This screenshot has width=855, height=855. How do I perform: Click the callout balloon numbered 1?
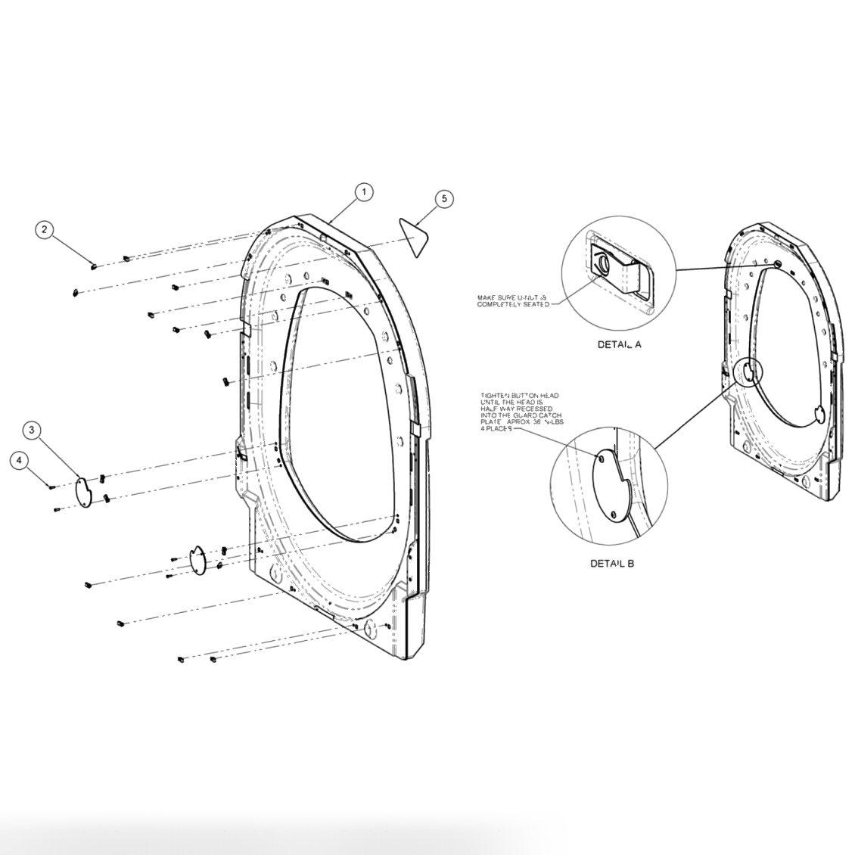click(x=364, y=192)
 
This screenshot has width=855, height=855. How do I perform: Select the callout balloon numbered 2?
click(x=46, y=230)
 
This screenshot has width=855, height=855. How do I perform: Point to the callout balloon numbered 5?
click(x=444, y=198)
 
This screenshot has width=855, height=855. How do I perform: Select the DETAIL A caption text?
click(x=619, y=344)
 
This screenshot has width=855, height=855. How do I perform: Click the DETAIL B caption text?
click(x=612, y=564)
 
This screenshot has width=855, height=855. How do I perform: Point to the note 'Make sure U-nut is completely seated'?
click(x=511, y=300)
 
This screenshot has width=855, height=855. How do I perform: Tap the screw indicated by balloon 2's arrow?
click(x=93, y=265)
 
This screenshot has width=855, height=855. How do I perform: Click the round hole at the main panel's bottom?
click(x=370, y=629)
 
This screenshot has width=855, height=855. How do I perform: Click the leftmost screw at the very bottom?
click(x=182, y=660)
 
